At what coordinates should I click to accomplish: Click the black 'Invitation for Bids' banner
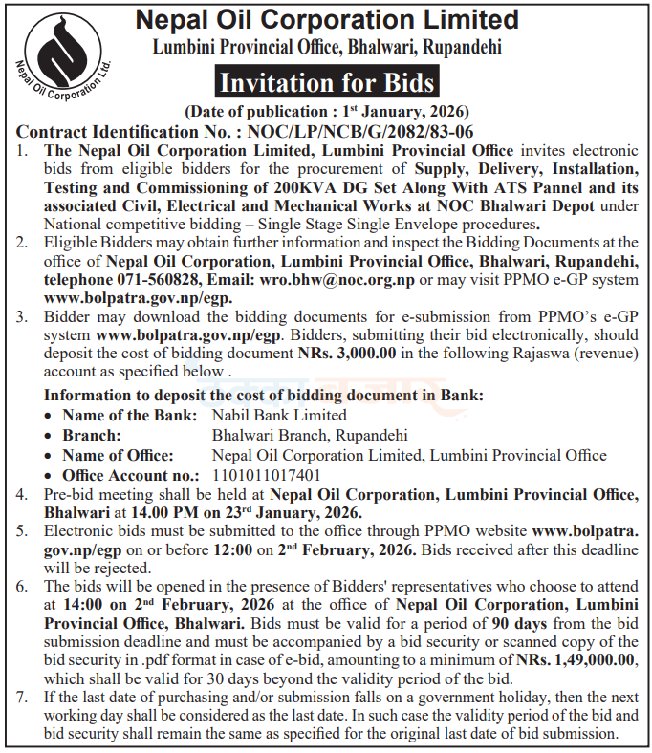click(328, 82)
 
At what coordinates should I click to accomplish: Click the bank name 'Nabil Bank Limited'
click(279, 415)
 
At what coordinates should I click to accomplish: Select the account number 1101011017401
click(267, 475)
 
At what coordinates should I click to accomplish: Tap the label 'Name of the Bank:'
click(130, 415)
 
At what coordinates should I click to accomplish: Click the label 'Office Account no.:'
click(131, 475)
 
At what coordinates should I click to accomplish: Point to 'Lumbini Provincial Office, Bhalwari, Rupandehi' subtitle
click(328, 47)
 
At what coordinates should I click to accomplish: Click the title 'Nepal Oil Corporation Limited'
click(328, 20)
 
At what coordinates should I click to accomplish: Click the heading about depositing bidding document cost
click(264, 395)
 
